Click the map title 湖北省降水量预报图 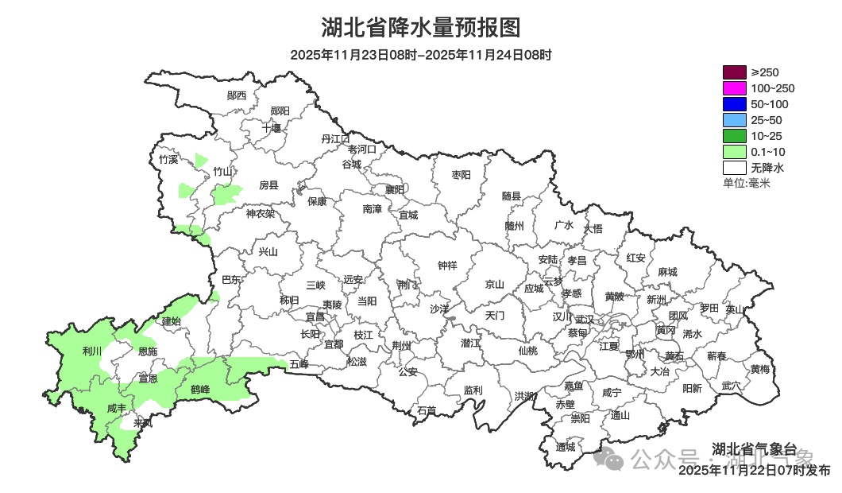pos(420,28)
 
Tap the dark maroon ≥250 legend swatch pos(735,72)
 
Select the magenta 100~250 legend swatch pos(735,88)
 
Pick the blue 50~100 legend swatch pos(735,104)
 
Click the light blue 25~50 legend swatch pos(735,120)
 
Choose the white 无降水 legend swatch pos(735,168)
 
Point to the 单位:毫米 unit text pos(747,183)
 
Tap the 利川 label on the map pos(92,351)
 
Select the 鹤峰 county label pos(200,390)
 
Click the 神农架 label pos(260,213)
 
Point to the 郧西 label pos(237,95)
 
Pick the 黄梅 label pos(759,369)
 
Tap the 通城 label pos(566,447)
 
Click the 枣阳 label pos(461,174)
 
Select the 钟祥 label pos(448,266)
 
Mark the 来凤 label pos(144,423)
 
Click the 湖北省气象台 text pos(754,448)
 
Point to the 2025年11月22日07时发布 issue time pos(755,471)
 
